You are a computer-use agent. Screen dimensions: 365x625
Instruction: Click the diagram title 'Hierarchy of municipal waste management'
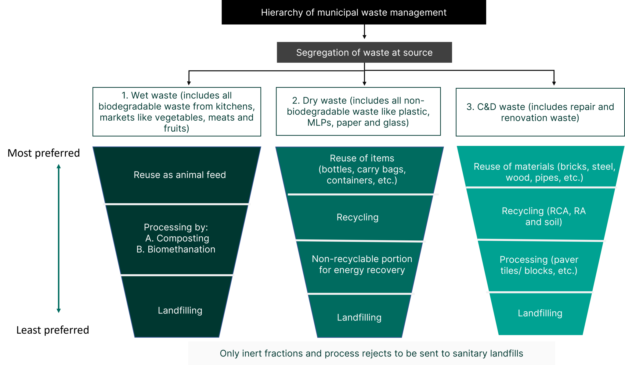coord(353,12)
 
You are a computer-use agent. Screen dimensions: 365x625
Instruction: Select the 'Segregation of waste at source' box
coord(364,52)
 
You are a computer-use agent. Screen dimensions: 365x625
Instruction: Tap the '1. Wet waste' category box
coord(176,112)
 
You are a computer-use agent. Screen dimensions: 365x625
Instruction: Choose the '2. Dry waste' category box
coord(358,112)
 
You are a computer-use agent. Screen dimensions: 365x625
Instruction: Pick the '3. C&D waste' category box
coord(540,112)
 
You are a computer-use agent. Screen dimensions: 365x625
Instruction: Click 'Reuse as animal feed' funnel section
coord(179,175)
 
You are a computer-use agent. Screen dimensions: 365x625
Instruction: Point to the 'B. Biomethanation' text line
coord(176,249)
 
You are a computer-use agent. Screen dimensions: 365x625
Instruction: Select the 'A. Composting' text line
coord(177,238)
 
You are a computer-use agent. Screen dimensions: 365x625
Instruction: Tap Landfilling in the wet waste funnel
coord(180,310)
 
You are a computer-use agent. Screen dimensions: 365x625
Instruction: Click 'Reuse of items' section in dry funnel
coord(362,169)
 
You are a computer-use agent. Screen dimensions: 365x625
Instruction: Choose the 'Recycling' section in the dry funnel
coord(357,217)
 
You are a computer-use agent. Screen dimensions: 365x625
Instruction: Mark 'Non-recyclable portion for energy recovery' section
coord(362,264)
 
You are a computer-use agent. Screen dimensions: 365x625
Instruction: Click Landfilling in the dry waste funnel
coord(359,317)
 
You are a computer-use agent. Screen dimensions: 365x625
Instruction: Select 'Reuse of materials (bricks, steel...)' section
coord(544,172)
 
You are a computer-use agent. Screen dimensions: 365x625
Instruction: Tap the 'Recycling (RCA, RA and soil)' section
coord(544,216)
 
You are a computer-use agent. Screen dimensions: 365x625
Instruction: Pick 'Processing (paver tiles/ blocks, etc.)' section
coord(539,265)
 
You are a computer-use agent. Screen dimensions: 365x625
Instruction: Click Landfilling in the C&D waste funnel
coord(540,313)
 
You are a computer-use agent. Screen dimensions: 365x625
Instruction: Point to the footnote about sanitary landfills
coord(371,353)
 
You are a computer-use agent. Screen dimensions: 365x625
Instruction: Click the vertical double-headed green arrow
coord(59,238)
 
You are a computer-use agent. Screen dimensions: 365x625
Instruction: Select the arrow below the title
coord(364,32)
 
